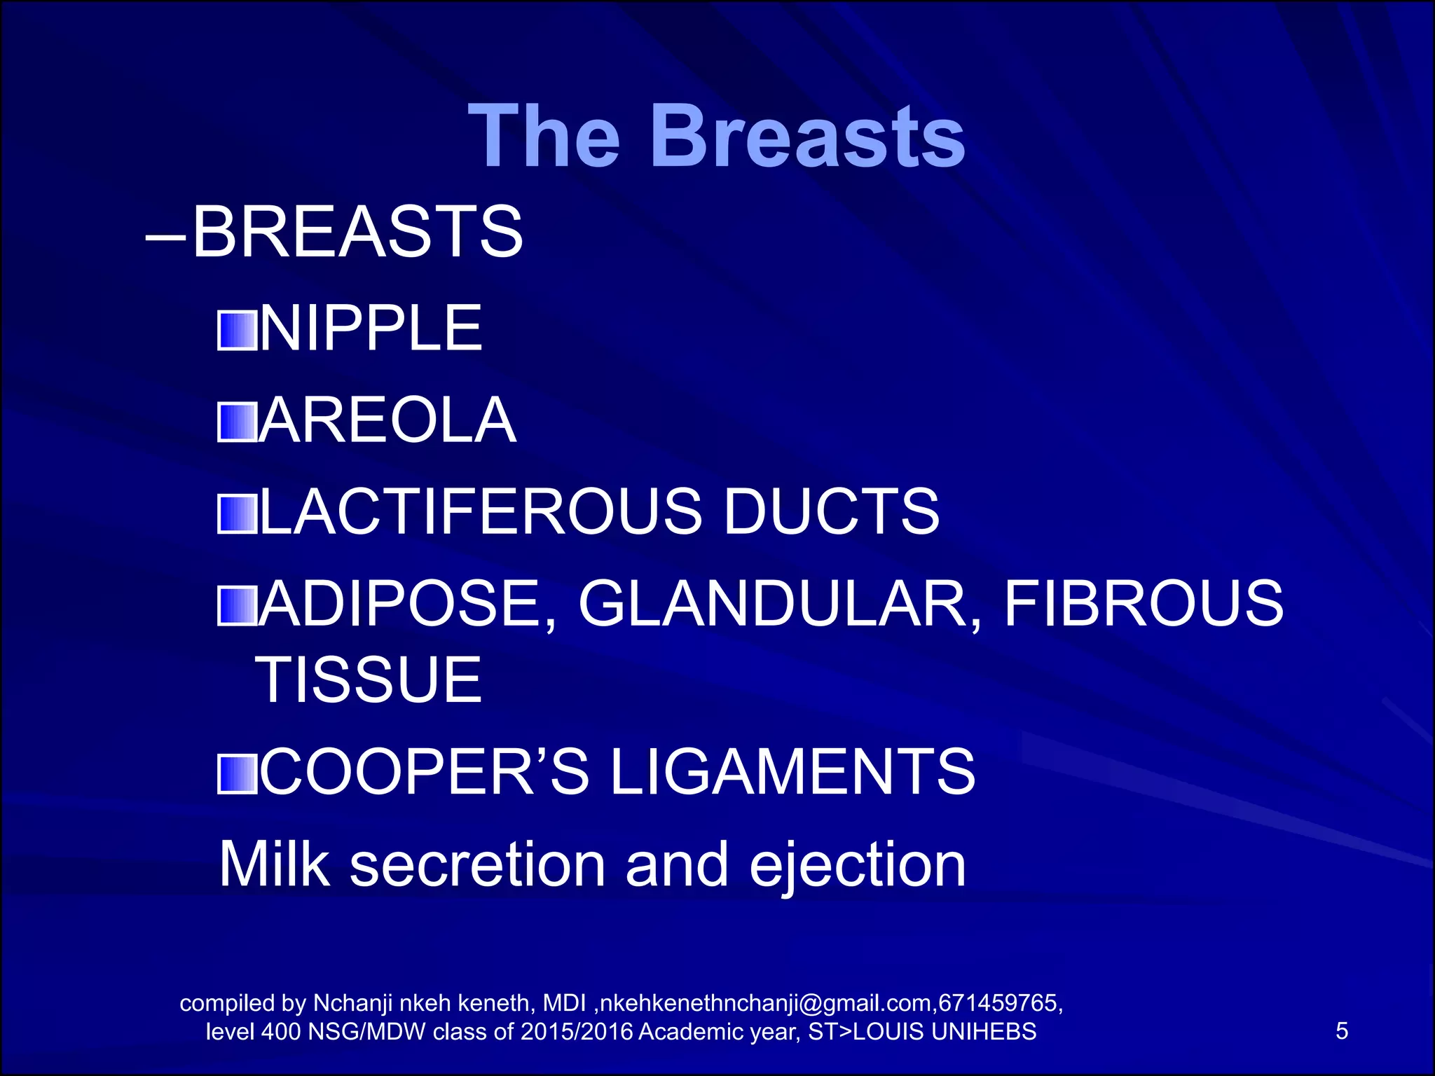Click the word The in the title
point(544,136)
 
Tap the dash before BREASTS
point(165,237)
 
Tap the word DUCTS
point(831,511)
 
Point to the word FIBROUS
point(1144,604)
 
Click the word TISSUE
point(369,680)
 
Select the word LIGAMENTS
point(792,771)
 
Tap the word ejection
point(858,866)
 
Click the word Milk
point(274,864)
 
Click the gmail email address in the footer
point(767,1004)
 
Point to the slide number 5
point(1341,1031)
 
